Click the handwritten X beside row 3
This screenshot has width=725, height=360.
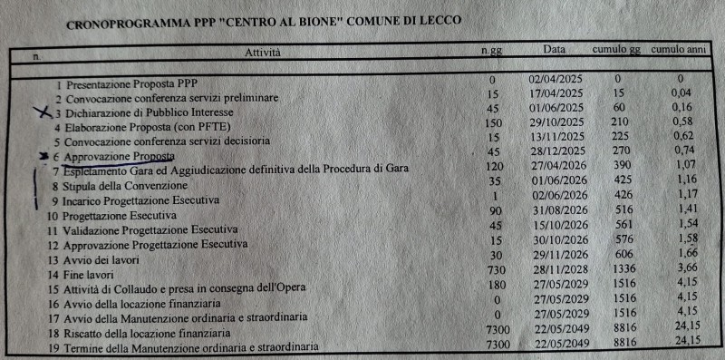click(x=40, y=113)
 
